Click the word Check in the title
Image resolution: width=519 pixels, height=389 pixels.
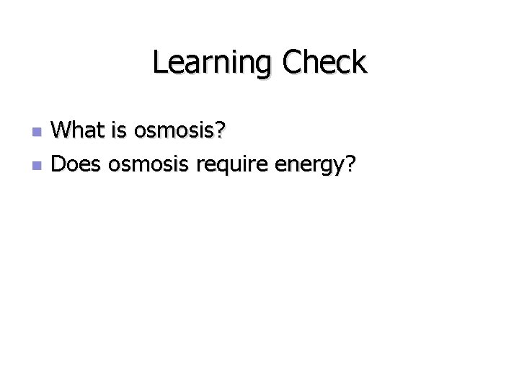(324, 63)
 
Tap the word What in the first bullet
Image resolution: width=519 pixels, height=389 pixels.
(79, 130)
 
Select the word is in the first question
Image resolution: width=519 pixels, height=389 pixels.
(120, 130)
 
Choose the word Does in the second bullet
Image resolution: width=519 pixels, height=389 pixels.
(77, 165)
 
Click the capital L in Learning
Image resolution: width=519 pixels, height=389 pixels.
(159, 63)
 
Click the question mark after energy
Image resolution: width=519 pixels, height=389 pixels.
(350, 165)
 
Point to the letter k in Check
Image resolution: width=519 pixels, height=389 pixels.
(359, 63)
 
